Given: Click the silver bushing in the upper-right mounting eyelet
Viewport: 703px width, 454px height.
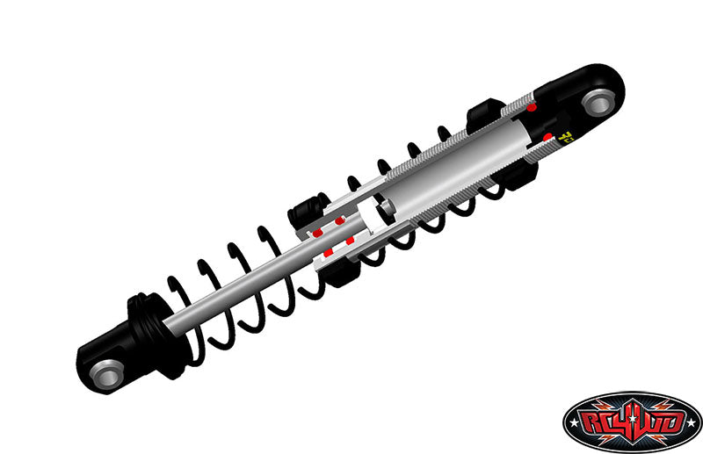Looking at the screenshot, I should click(598, 103).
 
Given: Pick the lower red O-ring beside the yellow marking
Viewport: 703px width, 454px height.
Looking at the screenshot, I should click(548, 137).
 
